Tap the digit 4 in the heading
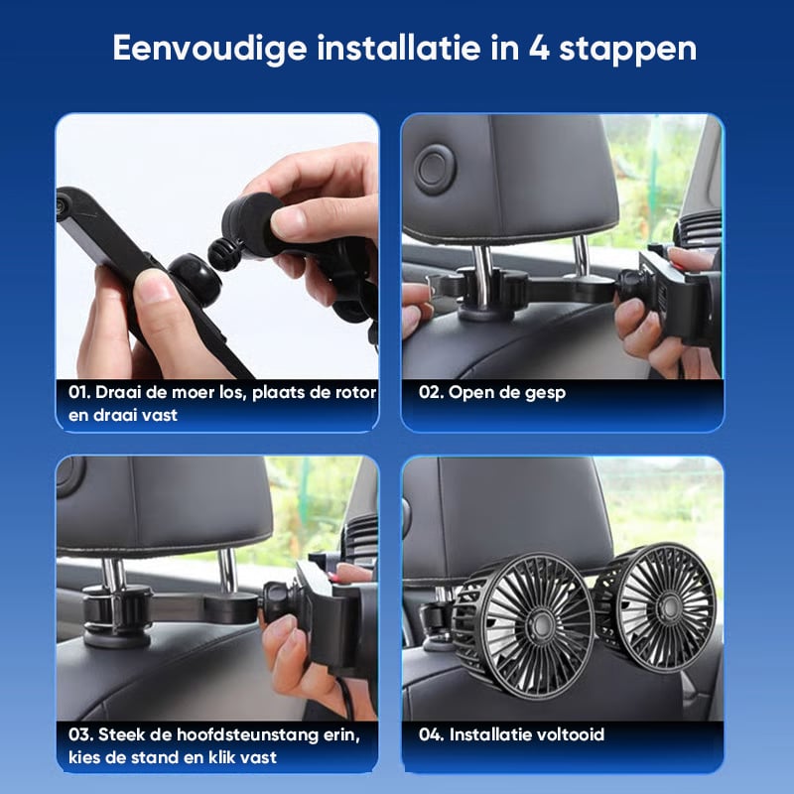pyautogui.click(x=539, y=48)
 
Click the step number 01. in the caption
pyautogui.click(x=79, y=392)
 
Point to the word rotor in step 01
pyautogui.click(x=356, y=392)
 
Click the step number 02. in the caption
pyautogui.click(x=431, y=392)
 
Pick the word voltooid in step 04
pyautogui.click(x=569, y=734)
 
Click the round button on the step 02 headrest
pyautogui.click(x=435, y=169)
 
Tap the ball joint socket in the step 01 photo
pyautogui.click(x=196, y=279)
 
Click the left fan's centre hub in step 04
pyautogui.click(x=540, y=625)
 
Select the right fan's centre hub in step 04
pyautogui.click(x=671, y=605)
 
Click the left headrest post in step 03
pyautogui.click(x=113, y=576)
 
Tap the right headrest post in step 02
pyautogui.click(x=581, y=256)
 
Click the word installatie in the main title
pyautogui.click(x=399, y=48)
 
